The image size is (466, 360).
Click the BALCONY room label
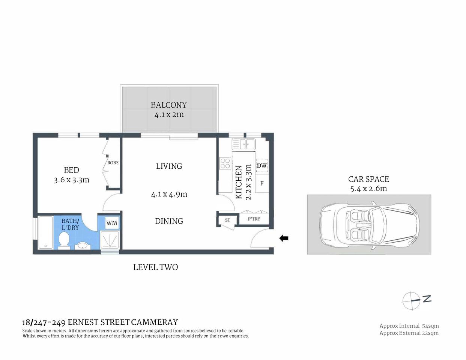click(x=168, y=105)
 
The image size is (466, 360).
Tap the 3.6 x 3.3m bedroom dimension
click(x=71, y=180)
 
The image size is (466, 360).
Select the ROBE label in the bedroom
click(x=113, y=163)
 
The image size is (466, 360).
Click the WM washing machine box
click(x=111, y=223)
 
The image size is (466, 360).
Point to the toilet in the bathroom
click(x=64, y=240)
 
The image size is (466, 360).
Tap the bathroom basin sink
click(x=82, y=246)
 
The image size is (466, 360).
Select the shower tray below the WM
click(x=110, y=240)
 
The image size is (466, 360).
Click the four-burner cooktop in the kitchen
click(x=225, y=163)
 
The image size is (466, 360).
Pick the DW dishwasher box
click(x=262, y=166)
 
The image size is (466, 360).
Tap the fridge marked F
click(x=262, y=183)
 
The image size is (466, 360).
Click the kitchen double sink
click(x=244, y=144)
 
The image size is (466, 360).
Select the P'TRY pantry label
click(x=254, y=219)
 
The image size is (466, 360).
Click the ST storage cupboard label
click(x=227, y=220)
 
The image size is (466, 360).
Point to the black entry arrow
click(x=284, y=238)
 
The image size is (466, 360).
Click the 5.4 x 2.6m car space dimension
click(x=368, y=189)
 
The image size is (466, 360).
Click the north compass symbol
click(x=412, y=300)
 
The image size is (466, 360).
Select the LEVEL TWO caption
click(x=155, y=267)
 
